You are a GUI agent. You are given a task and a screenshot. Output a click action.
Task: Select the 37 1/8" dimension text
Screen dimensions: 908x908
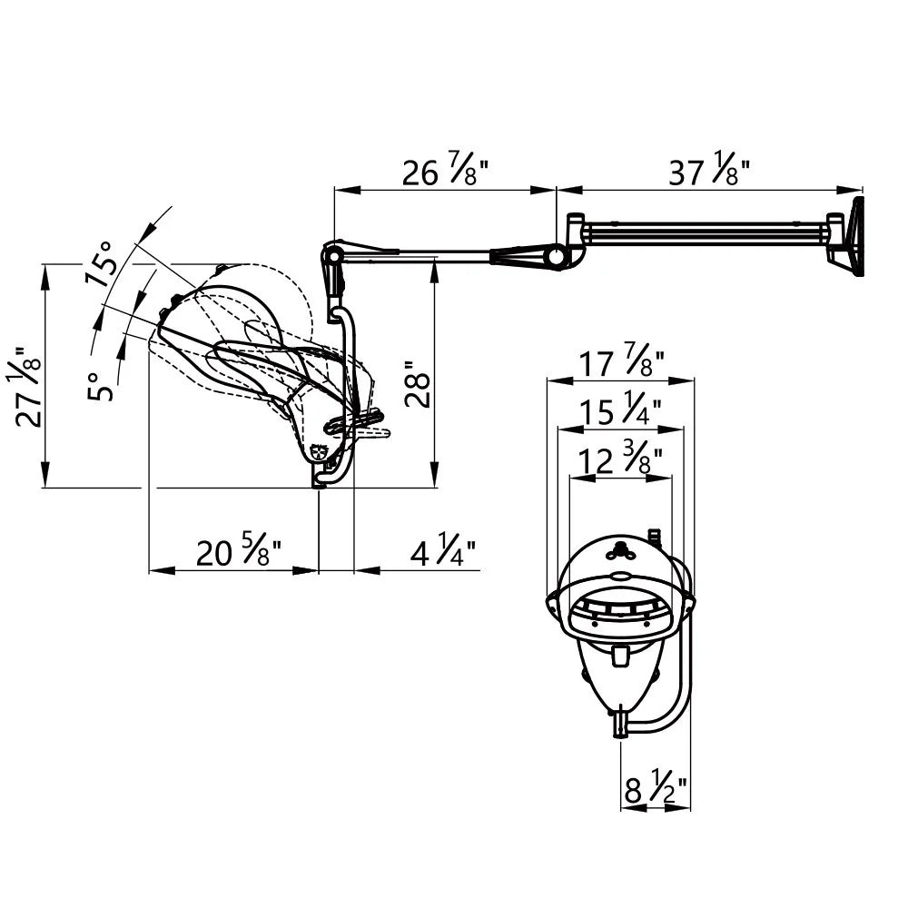pos(709,169)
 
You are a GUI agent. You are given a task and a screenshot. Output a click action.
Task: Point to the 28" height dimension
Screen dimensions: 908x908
pos(418,384)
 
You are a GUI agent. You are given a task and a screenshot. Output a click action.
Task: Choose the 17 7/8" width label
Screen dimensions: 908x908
pos(621,362)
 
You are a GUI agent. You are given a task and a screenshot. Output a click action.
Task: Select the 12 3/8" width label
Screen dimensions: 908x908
pos(620,459)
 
